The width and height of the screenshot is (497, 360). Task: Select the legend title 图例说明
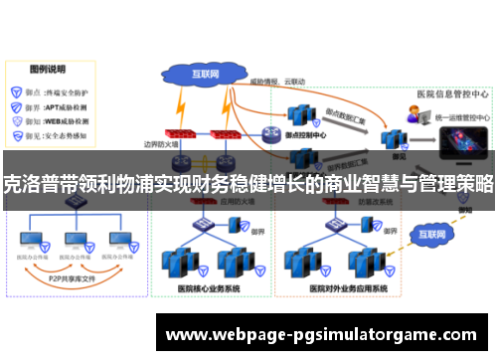click(x=47, y=71)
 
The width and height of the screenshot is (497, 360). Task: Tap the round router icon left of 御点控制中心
click(x=270, y=133)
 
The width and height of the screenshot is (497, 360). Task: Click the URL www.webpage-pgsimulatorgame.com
click(x=325, y=334)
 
